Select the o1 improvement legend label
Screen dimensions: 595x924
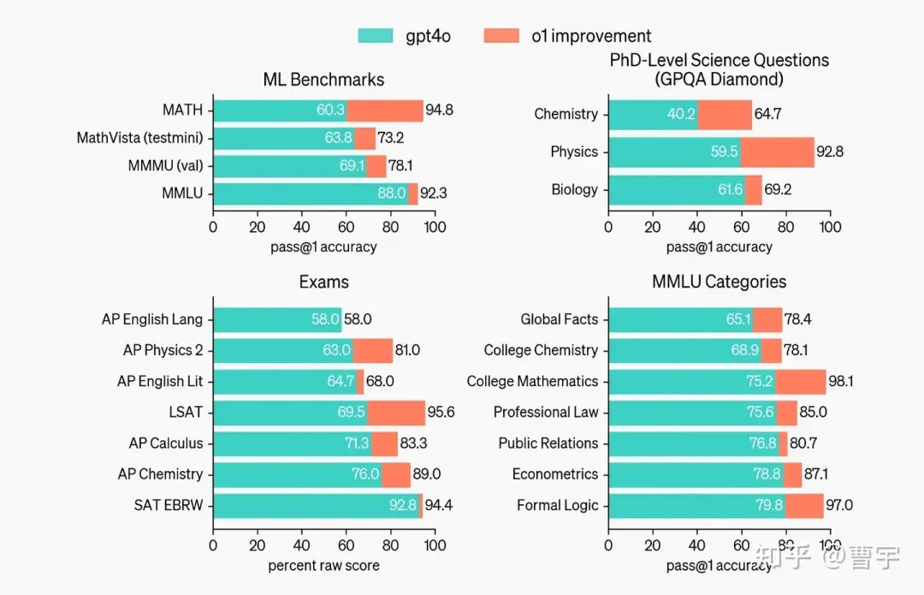coord(590,36)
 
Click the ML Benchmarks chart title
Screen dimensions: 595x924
coord(323,80)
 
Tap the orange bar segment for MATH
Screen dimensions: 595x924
coord(385,110)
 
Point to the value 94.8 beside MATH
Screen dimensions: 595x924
coord(440,110)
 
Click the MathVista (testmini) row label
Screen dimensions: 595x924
coord(139,138)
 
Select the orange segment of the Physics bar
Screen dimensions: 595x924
coord(777,152)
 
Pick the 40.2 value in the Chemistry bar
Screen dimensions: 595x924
coord(681,115)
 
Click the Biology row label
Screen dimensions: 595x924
coord(574,190)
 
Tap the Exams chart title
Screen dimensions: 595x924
coord(323,282)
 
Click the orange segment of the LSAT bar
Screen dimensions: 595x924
coord(396,413)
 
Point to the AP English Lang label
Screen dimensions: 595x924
coord(151,319)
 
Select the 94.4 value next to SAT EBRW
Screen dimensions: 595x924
coord(439,505)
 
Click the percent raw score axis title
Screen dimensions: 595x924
coord(323,565)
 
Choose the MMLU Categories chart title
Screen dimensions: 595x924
coord(719,282)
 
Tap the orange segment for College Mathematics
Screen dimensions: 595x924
coord(801,382)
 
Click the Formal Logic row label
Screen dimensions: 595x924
coord(557,505)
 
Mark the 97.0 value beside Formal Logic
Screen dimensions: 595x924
coord(838,505)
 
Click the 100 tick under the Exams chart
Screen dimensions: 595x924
coord(435,544)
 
